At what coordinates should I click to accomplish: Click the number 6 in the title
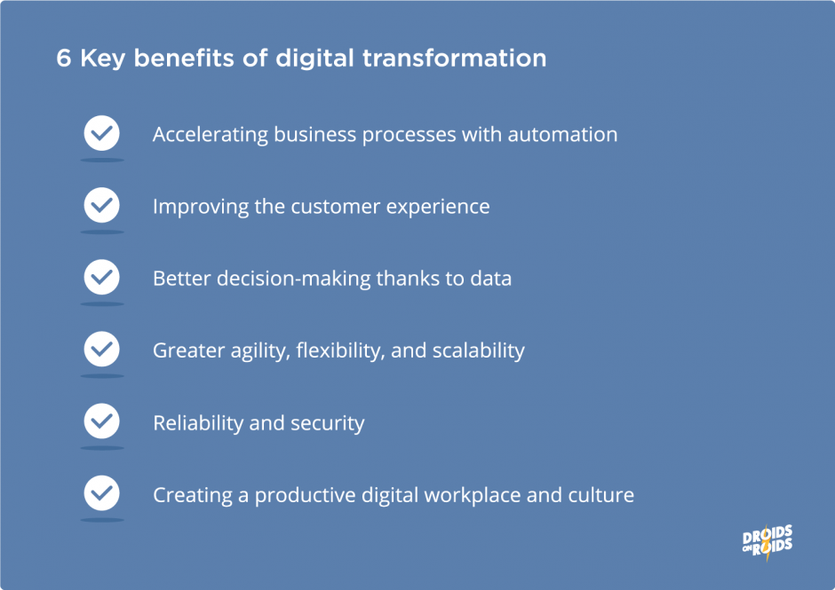point(63,59)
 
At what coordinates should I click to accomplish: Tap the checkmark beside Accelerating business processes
point(102,134)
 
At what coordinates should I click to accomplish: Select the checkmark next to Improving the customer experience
point(102,206)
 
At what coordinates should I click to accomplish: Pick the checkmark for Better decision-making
point(102,278)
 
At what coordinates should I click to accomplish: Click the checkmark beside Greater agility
point(102,350)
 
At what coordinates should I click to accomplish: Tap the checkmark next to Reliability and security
point(102,421)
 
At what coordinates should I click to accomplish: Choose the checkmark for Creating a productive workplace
point(102,493)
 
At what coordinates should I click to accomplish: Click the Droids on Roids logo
point(767,541)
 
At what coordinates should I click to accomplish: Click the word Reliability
point(198,423)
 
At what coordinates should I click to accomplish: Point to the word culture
point(601,494)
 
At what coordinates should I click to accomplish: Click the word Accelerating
point(210,135)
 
